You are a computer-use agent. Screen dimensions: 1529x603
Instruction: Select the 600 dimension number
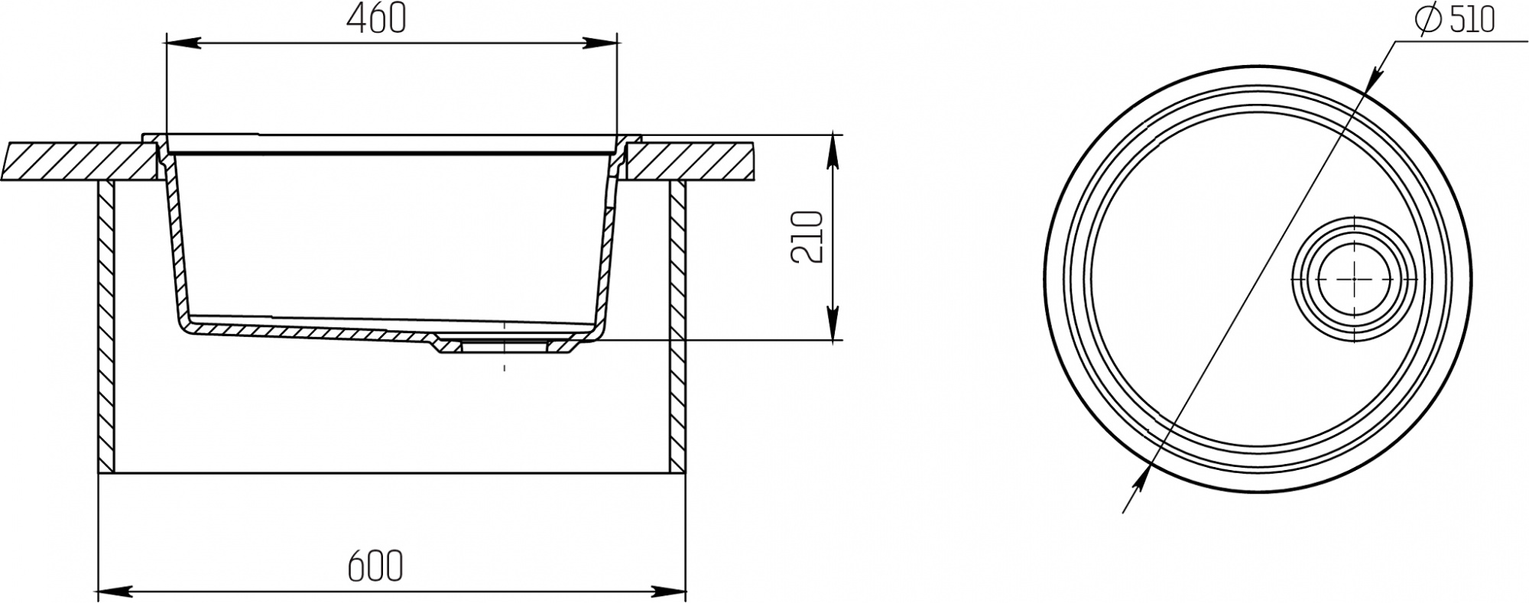pos(375,567)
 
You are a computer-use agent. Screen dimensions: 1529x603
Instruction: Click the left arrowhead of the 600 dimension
pos(115,591)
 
